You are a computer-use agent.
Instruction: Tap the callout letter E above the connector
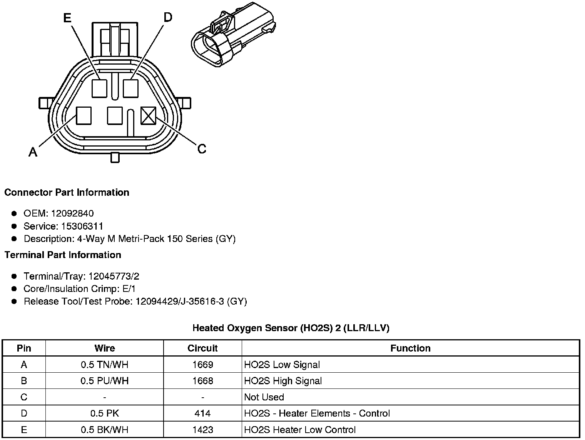pyautogui.click(x=67, y=18)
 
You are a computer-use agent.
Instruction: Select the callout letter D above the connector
pyautogui.click(x=168, y=17)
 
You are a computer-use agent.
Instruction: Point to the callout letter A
pyautogui.click(x=33, y=153)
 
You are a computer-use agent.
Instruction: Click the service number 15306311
pyautogui.click(x=82, y=226)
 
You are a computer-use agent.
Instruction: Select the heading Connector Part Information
pyautogui.click(x=67, y=192)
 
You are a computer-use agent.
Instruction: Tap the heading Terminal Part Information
pyautogui.click(x=63, y=255)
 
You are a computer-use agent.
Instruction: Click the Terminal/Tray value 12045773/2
pyautogui.click(x=114, y=276)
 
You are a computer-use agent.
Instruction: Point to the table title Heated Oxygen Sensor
pyautogui.click(x=291, y=328)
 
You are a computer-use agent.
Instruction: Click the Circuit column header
pyautogui.click(x=202, y=348)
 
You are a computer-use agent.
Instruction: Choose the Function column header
pyautogui.click(x=410, y=348)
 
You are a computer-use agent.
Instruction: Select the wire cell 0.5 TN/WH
pyautogui.click(x=104, y=365)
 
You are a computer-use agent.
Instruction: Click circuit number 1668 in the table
pyautogui.click(x=202, y=381)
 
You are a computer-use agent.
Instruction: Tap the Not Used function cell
pyautogui.click(x=264, y=397)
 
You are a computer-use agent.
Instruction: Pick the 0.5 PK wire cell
pyautogui.click(x=104, y=413)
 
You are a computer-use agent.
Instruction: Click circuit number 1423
pyautogui.click(x=202, y=430)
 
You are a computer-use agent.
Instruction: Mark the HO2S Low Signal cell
pyautogui.click(x=282, y=365)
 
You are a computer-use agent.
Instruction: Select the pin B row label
pyautogui.click(x=24, y=381)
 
